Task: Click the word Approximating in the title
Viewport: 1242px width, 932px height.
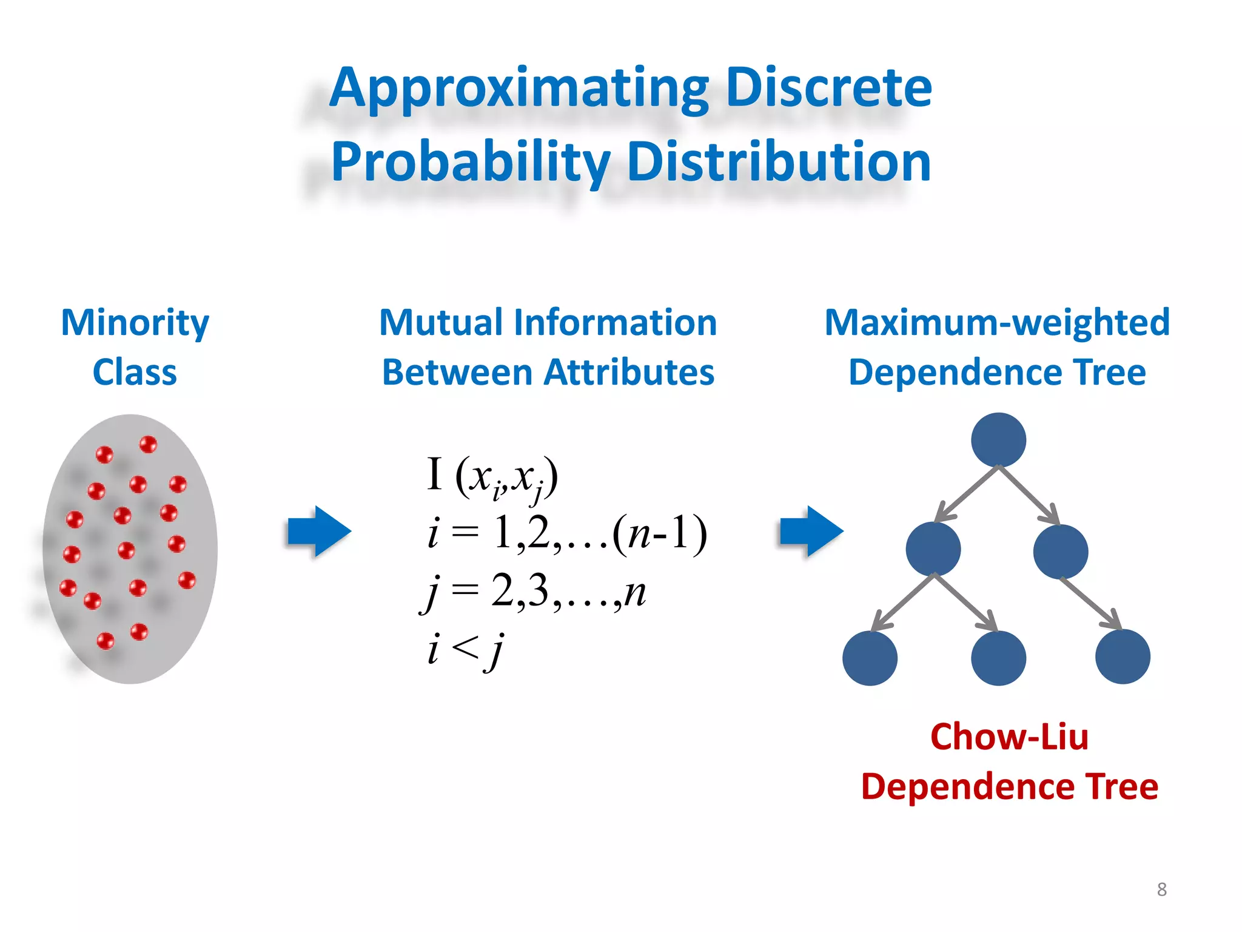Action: click(x=519, y=90)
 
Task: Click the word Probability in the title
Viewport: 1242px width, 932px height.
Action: click(x=470, y=163)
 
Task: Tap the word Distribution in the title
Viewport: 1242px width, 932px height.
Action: click(x=779, y=163)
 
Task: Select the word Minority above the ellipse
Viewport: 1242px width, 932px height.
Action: click(x=135, y=323)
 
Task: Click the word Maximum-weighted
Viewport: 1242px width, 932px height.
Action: click(x=997, y=322)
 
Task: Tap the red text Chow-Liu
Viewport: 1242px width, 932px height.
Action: click(x=1009, y=737)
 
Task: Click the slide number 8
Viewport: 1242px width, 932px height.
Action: click(x=1161, y=890)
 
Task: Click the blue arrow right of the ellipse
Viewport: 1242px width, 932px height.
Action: click(x=320, y=532)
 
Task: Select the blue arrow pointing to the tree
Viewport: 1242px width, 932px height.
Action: click(x=811, y=532)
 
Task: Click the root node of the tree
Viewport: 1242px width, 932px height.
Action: click(x=998, y=440)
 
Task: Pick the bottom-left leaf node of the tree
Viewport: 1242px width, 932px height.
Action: click(x=870, y=658)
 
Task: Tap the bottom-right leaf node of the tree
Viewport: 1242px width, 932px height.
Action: click(x=1123, y=657)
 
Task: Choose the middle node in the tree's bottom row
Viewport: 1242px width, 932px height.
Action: click(x=998, y=658)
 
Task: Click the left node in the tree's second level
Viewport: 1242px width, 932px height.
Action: click(x=933, y=549)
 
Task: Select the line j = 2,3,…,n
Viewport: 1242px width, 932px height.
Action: click(x=534, y=592)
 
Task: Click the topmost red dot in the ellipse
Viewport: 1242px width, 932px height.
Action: click(x=148, y=444)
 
